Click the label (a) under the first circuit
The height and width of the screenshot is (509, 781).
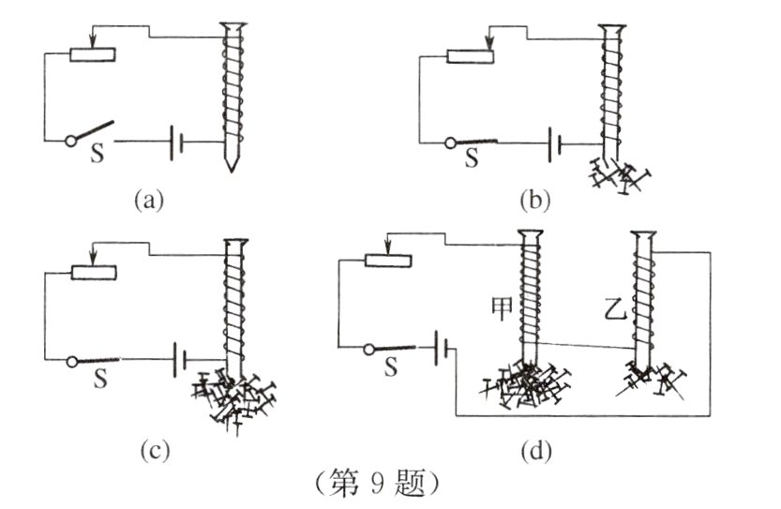coord(149,201)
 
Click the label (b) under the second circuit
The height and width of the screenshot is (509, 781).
coord(535,201)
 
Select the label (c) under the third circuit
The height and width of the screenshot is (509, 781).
coord(155,450)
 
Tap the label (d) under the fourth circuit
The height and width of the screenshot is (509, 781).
coord(536,451)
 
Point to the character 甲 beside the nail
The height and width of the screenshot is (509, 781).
coord(502,308)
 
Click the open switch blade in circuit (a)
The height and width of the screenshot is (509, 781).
coord(94,130)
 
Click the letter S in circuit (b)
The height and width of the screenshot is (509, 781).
coord(472,157)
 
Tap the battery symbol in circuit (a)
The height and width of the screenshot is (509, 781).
coord(176,142)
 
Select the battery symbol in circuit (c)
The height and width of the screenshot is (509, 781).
coord(179,359)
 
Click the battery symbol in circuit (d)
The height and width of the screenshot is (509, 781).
coord(442,348)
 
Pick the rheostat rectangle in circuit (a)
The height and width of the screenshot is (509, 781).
coord(93,54)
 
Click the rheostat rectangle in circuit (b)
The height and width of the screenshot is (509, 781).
coord(471,56)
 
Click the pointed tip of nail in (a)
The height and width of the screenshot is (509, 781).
coord(231,170)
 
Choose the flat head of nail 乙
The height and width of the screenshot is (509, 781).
coord(643,233)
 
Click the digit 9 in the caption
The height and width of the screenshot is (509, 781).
coord(377,483)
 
